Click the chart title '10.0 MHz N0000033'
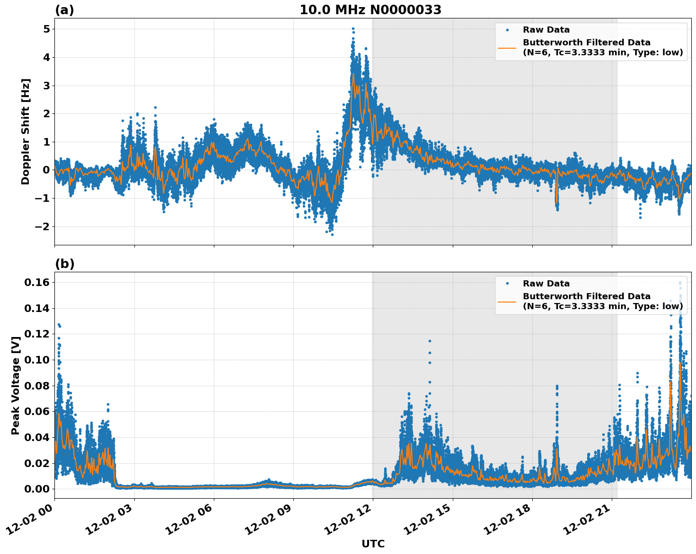coord(370,10)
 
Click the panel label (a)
coord(64,10)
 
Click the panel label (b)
coord(64,264)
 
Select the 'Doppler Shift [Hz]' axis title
coord(26,131)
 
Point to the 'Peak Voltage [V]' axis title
coord(16,385)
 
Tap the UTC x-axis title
coord(373,544)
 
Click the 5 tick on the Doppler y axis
coord(46,29)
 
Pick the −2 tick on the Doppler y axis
coord(43,226)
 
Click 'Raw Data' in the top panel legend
coord(546,30)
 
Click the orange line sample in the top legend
coord(507,48)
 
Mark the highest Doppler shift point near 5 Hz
coord(353,29)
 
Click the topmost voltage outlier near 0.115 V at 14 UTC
coord(430,341)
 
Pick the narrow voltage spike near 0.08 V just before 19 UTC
coord(557,387)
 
